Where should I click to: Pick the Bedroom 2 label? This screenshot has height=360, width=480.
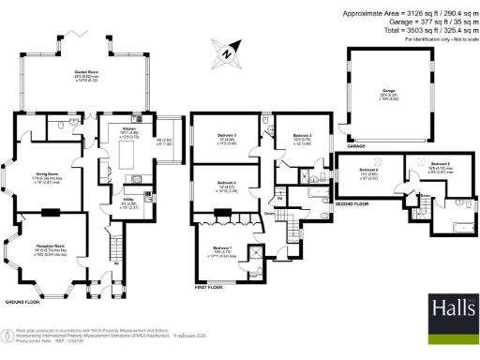pyautogui.click(x=302, y=136)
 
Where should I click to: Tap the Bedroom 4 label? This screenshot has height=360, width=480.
pyautogui.click(x=227, y=183)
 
